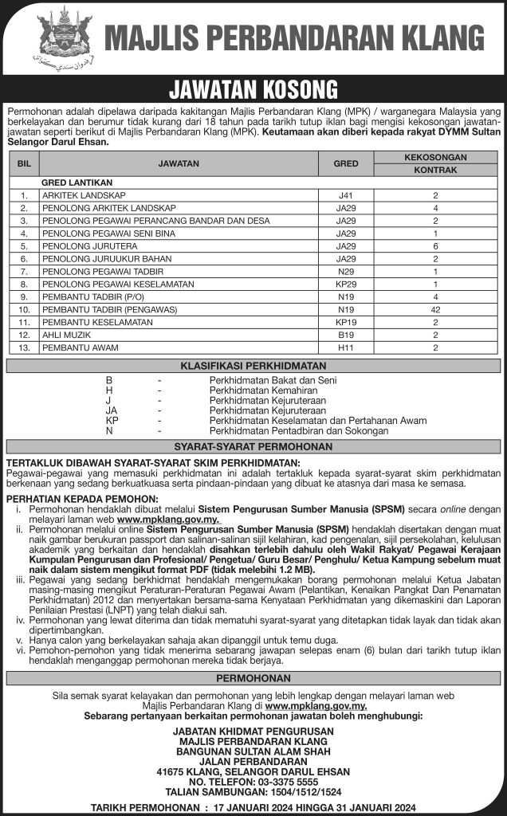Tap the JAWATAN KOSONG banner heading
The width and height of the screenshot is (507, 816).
tap(253, 88)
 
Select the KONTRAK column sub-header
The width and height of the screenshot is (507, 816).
tap(435, 170)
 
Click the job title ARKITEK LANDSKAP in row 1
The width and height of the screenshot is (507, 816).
tap(88, 194)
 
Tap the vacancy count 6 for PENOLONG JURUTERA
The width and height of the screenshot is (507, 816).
tap(435, 245)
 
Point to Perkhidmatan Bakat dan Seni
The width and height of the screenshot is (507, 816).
tap(261, 380)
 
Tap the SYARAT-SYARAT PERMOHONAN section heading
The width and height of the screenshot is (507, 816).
tap(253, 447)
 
